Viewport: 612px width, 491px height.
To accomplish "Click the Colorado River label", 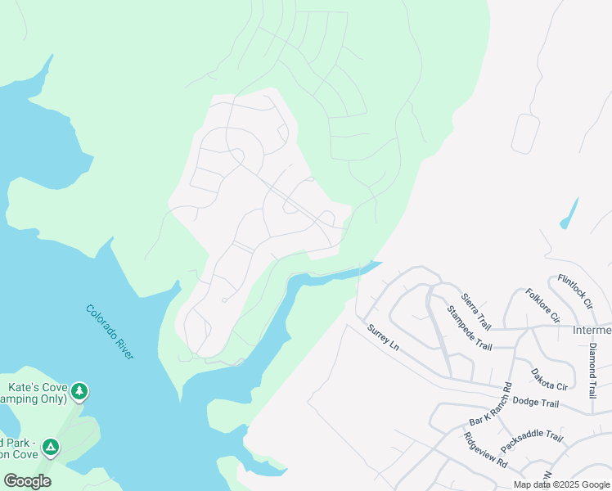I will tap(110, 331).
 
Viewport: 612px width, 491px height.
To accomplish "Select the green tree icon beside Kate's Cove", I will tap(79, 391).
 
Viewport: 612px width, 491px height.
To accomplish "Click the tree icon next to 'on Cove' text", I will tap(51, 447).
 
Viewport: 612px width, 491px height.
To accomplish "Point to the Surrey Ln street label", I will tap(383, 338).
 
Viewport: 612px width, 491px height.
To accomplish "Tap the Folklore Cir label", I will tap(542, 305).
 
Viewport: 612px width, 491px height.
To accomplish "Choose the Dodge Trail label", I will tap(535, 402).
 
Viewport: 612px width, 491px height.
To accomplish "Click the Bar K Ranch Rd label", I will tap(490, 404).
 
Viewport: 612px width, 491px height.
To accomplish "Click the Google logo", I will tap(27, 481).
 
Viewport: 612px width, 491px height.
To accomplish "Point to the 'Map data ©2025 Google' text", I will tap(561, 484).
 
